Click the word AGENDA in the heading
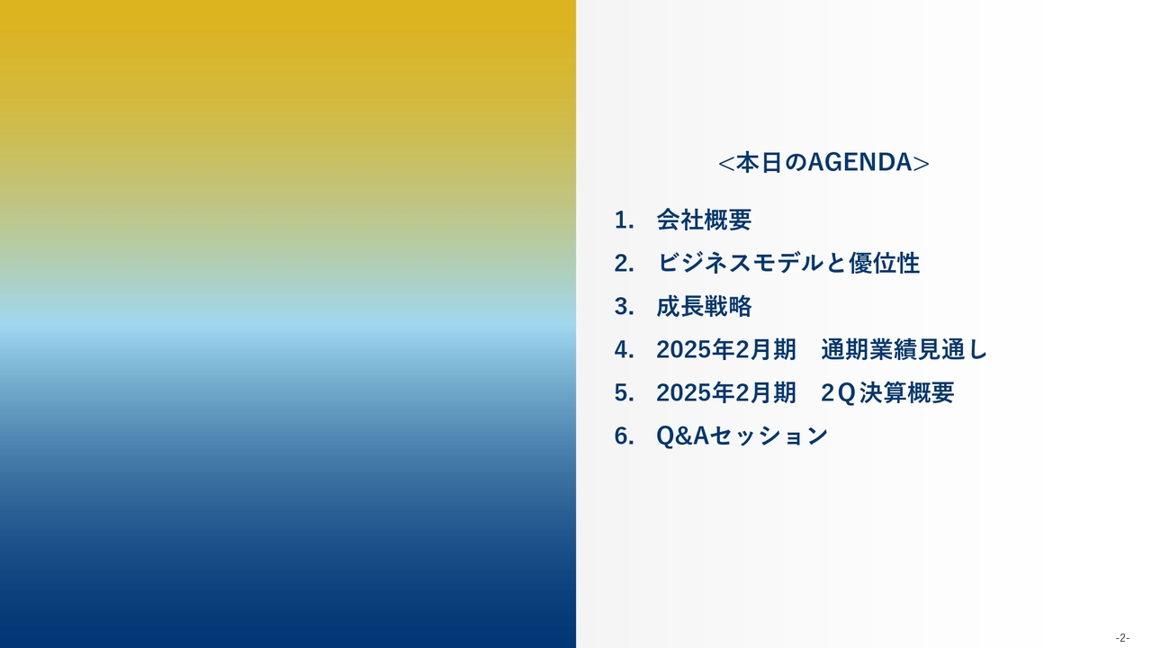[860, 163]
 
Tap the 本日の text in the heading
[771, 163]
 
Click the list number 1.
[624, 220]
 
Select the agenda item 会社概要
[704, 220]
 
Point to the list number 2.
[624, 264]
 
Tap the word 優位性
[884, 263]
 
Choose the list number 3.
[624, 307]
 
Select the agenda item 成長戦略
[704, 306]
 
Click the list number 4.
[624, 350]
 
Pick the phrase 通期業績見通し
[904, 349]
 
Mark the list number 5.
[624, 393]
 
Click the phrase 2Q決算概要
[887, 393]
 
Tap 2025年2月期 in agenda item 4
[726, 349]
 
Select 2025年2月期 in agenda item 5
[726, 392]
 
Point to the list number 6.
[624, 436]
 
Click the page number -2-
[1122, 638]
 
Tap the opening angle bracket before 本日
[726, 164]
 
